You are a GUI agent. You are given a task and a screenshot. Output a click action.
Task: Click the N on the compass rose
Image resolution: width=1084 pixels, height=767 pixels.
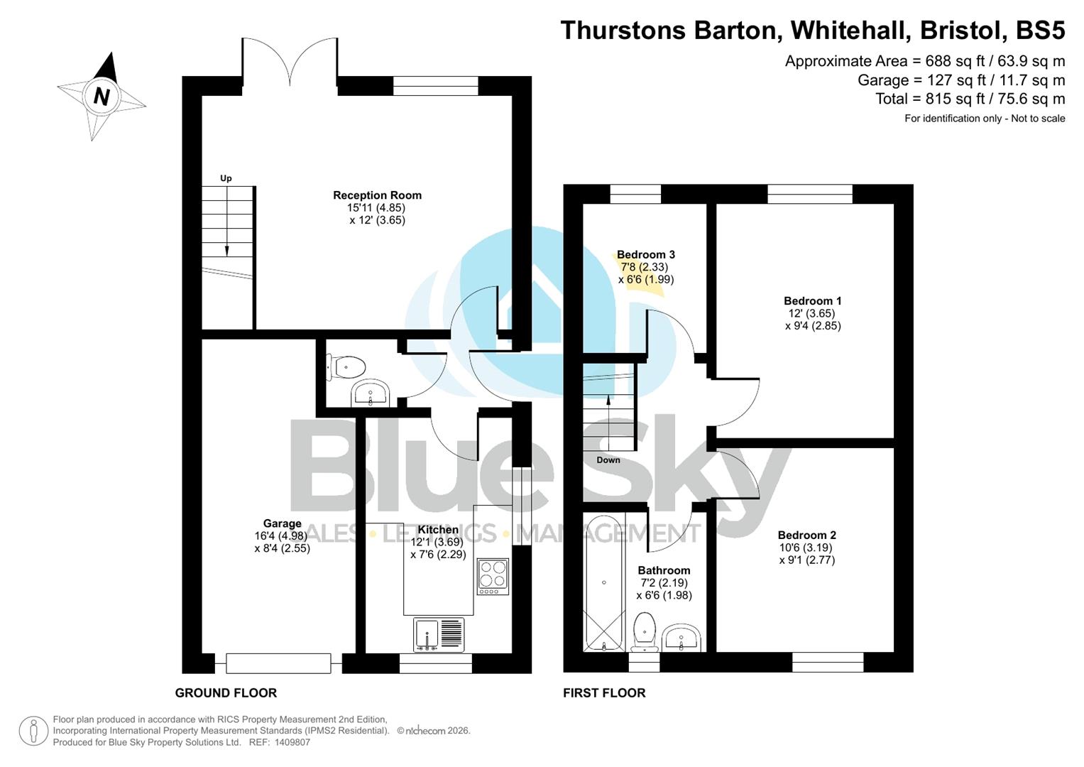click(102, 96)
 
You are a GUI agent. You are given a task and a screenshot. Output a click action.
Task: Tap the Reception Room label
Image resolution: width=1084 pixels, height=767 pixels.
click(377, 195)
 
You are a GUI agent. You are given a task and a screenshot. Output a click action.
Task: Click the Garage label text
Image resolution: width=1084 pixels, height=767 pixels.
click(282, 524)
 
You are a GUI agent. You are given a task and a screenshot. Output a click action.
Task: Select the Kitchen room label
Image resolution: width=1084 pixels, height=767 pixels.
click(438, 530)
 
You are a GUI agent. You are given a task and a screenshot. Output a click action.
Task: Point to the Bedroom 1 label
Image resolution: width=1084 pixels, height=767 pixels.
click(812, 301)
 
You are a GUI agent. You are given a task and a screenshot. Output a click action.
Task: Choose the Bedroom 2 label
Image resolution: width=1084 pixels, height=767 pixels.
click(806, 535)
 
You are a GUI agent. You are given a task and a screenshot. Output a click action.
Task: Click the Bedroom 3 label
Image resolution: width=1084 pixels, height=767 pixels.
click(645, 255)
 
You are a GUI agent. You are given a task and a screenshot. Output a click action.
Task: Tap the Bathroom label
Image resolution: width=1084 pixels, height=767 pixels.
click(664, 570)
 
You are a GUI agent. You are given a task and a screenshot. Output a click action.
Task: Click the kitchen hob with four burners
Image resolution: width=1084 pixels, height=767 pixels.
click(493, 576)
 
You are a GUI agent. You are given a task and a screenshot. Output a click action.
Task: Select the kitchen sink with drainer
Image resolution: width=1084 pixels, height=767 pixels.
click(439, 634)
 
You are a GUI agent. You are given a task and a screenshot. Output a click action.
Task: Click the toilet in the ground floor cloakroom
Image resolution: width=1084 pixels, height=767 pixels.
click(347, 367)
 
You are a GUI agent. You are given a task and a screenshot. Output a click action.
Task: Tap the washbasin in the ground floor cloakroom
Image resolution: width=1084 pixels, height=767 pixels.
click(370, 393)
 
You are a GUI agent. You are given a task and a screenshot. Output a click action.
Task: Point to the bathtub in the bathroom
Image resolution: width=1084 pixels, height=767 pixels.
click(603, 582)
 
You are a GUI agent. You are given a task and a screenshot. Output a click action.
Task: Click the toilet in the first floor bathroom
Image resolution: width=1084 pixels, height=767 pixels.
click(645, 629)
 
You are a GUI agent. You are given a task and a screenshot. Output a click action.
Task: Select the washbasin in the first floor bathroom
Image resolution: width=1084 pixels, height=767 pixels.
click(681, 637)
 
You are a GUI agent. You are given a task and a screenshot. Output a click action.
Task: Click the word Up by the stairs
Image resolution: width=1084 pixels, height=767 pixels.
click(226, 178)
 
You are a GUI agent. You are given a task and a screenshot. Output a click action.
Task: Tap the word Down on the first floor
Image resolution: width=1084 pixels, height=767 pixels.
click(608, 460)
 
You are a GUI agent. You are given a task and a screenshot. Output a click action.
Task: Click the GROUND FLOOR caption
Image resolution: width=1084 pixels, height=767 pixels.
click(226, 693)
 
